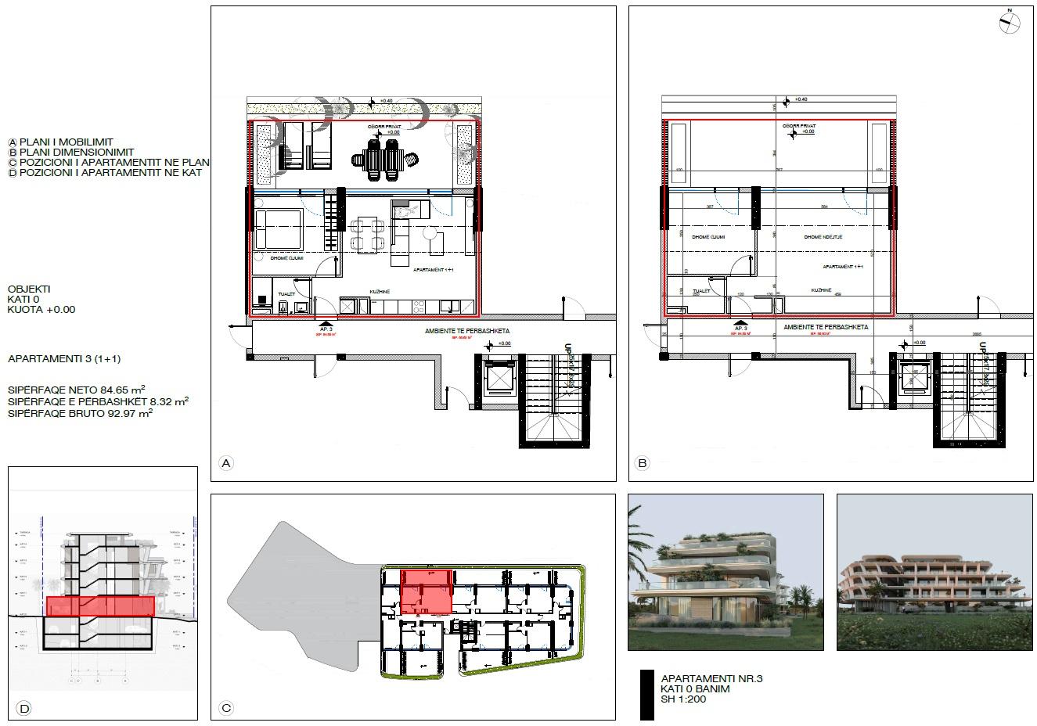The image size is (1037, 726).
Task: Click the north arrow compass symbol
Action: coord(1010,23)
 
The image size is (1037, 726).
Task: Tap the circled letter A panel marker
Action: coord(226,464)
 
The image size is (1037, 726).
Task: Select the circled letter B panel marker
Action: coord(643,464)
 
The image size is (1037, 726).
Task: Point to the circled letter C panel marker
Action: coord(226,709)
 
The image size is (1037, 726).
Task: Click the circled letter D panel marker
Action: coord(24,709)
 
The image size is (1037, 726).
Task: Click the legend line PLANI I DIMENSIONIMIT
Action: coord(76,153)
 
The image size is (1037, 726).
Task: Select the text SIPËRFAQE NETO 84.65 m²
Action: coord(76,390)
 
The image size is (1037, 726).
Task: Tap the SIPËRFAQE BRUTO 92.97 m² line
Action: coord(79,413)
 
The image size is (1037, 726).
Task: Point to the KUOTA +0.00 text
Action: coord(41,310)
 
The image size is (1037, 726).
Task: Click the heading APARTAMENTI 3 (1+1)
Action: coord(64,359)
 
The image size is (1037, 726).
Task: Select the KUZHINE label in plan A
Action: coord(380,292)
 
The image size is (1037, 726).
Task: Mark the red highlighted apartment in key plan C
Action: coord(425,592)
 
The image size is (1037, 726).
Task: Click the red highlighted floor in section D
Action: coord(99,606)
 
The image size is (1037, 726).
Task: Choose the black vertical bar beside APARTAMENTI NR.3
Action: coord(646,694)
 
